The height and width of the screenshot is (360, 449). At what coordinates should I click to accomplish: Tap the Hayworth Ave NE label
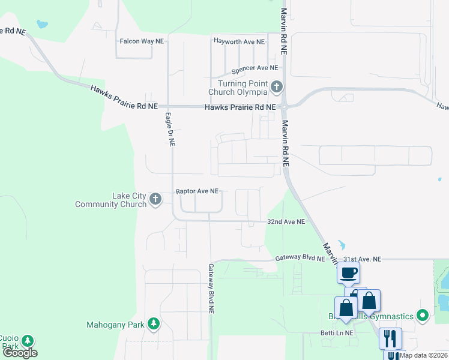click(239, 41)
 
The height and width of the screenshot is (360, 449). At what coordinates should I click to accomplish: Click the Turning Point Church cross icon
click(276, 88)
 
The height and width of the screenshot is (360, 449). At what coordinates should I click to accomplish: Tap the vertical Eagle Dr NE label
click(170, 130)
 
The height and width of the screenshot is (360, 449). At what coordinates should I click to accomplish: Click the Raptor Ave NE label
click(197, 191)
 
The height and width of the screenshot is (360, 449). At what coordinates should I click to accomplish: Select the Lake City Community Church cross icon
click(155, 199)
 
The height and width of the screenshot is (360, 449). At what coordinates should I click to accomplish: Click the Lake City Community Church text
click(111, 200)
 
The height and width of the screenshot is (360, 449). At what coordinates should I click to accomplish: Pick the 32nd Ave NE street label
click(286, 221)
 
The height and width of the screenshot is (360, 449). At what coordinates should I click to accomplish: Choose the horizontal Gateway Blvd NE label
click(300, 259)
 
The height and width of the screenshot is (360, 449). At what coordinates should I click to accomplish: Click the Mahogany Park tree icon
click(154, 325)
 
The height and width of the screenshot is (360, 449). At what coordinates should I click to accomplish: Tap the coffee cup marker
click(348, 273)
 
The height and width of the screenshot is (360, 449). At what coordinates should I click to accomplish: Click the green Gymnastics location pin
click(422, 315)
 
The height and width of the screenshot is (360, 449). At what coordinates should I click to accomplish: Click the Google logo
click(20, 353)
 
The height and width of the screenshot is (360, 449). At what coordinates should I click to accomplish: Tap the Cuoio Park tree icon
click(27, 341)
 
